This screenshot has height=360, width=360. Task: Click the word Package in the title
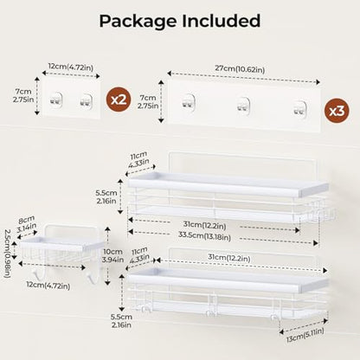138,22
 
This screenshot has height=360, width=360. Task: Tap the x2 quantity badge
119,100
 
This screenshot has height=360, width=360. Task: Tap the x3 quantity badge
337,111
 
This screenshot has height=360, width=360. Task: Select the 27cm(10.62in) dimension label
240,69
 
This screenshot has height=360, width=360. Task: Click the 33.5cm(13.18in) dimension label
204,235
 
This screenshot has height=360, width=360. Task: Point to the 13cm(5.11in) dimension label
305,335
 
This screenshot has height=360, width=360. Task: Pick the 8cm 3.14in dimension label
26,224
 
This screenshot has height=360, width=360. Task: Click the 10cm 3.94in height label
112,255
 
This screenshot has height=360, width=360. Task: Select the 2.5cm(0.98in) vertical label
7,254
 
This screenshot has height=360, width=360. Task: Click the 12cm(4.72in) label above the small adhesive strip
71,67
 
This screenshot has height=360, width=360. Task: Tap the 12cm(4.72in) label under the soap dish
48,286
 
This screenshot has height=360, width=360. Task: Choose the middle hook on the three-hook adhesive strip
243,106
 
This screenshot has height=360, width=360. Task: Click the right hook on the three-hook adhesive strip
299,107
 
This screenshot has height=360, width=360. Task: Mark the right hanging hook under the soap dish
88,273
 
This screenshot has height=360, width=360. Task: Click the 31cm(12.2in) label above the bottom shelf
229,258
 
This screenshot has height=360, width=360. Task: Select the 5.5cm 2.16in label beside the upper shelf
106,196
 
